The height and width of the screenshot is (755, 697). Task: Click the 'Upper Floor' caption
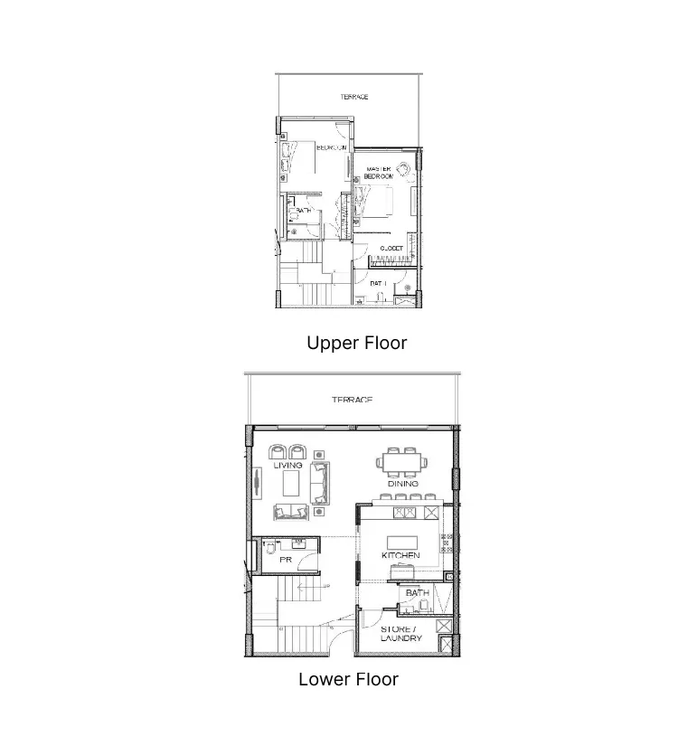pyautogui.click(x=356, y=344)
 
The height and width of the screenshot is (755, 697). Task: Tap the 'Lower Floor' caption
pyautogui.click(x=348, y=679)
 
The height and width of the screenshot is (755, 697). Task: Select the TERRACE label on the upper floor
pyautogui.click(x=353, y=97)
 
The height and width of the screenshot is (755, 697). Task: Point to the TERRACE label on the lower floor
pyautogui.click(x=351, y=400)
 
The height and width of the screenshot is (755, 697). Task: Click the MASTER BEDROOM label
pyautogui.click(x=378, y=173)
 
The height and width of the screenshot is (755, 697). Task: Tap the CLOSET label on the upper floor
pyautogui.click(x=391, y=247)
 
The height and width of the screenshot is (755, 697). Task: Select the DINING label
pyautogui.click(x=403, y=484)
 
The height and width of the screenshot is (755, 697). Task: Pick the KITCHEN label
pyautogui.click(x=400, y=555)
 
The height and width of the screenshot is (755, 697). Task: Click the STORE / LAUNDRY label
pyautogui.click(x=400, y=633)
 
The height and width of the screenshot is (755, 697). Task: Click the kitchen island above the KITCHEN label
pyautogui.click(x=403, y=542)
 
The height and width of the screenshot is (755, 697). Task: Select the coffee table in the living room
pyautogui.click(x=291, y=486)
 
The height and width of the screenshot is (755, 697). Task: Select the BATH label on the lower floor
pyautogui.click(x=417, y=593)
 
